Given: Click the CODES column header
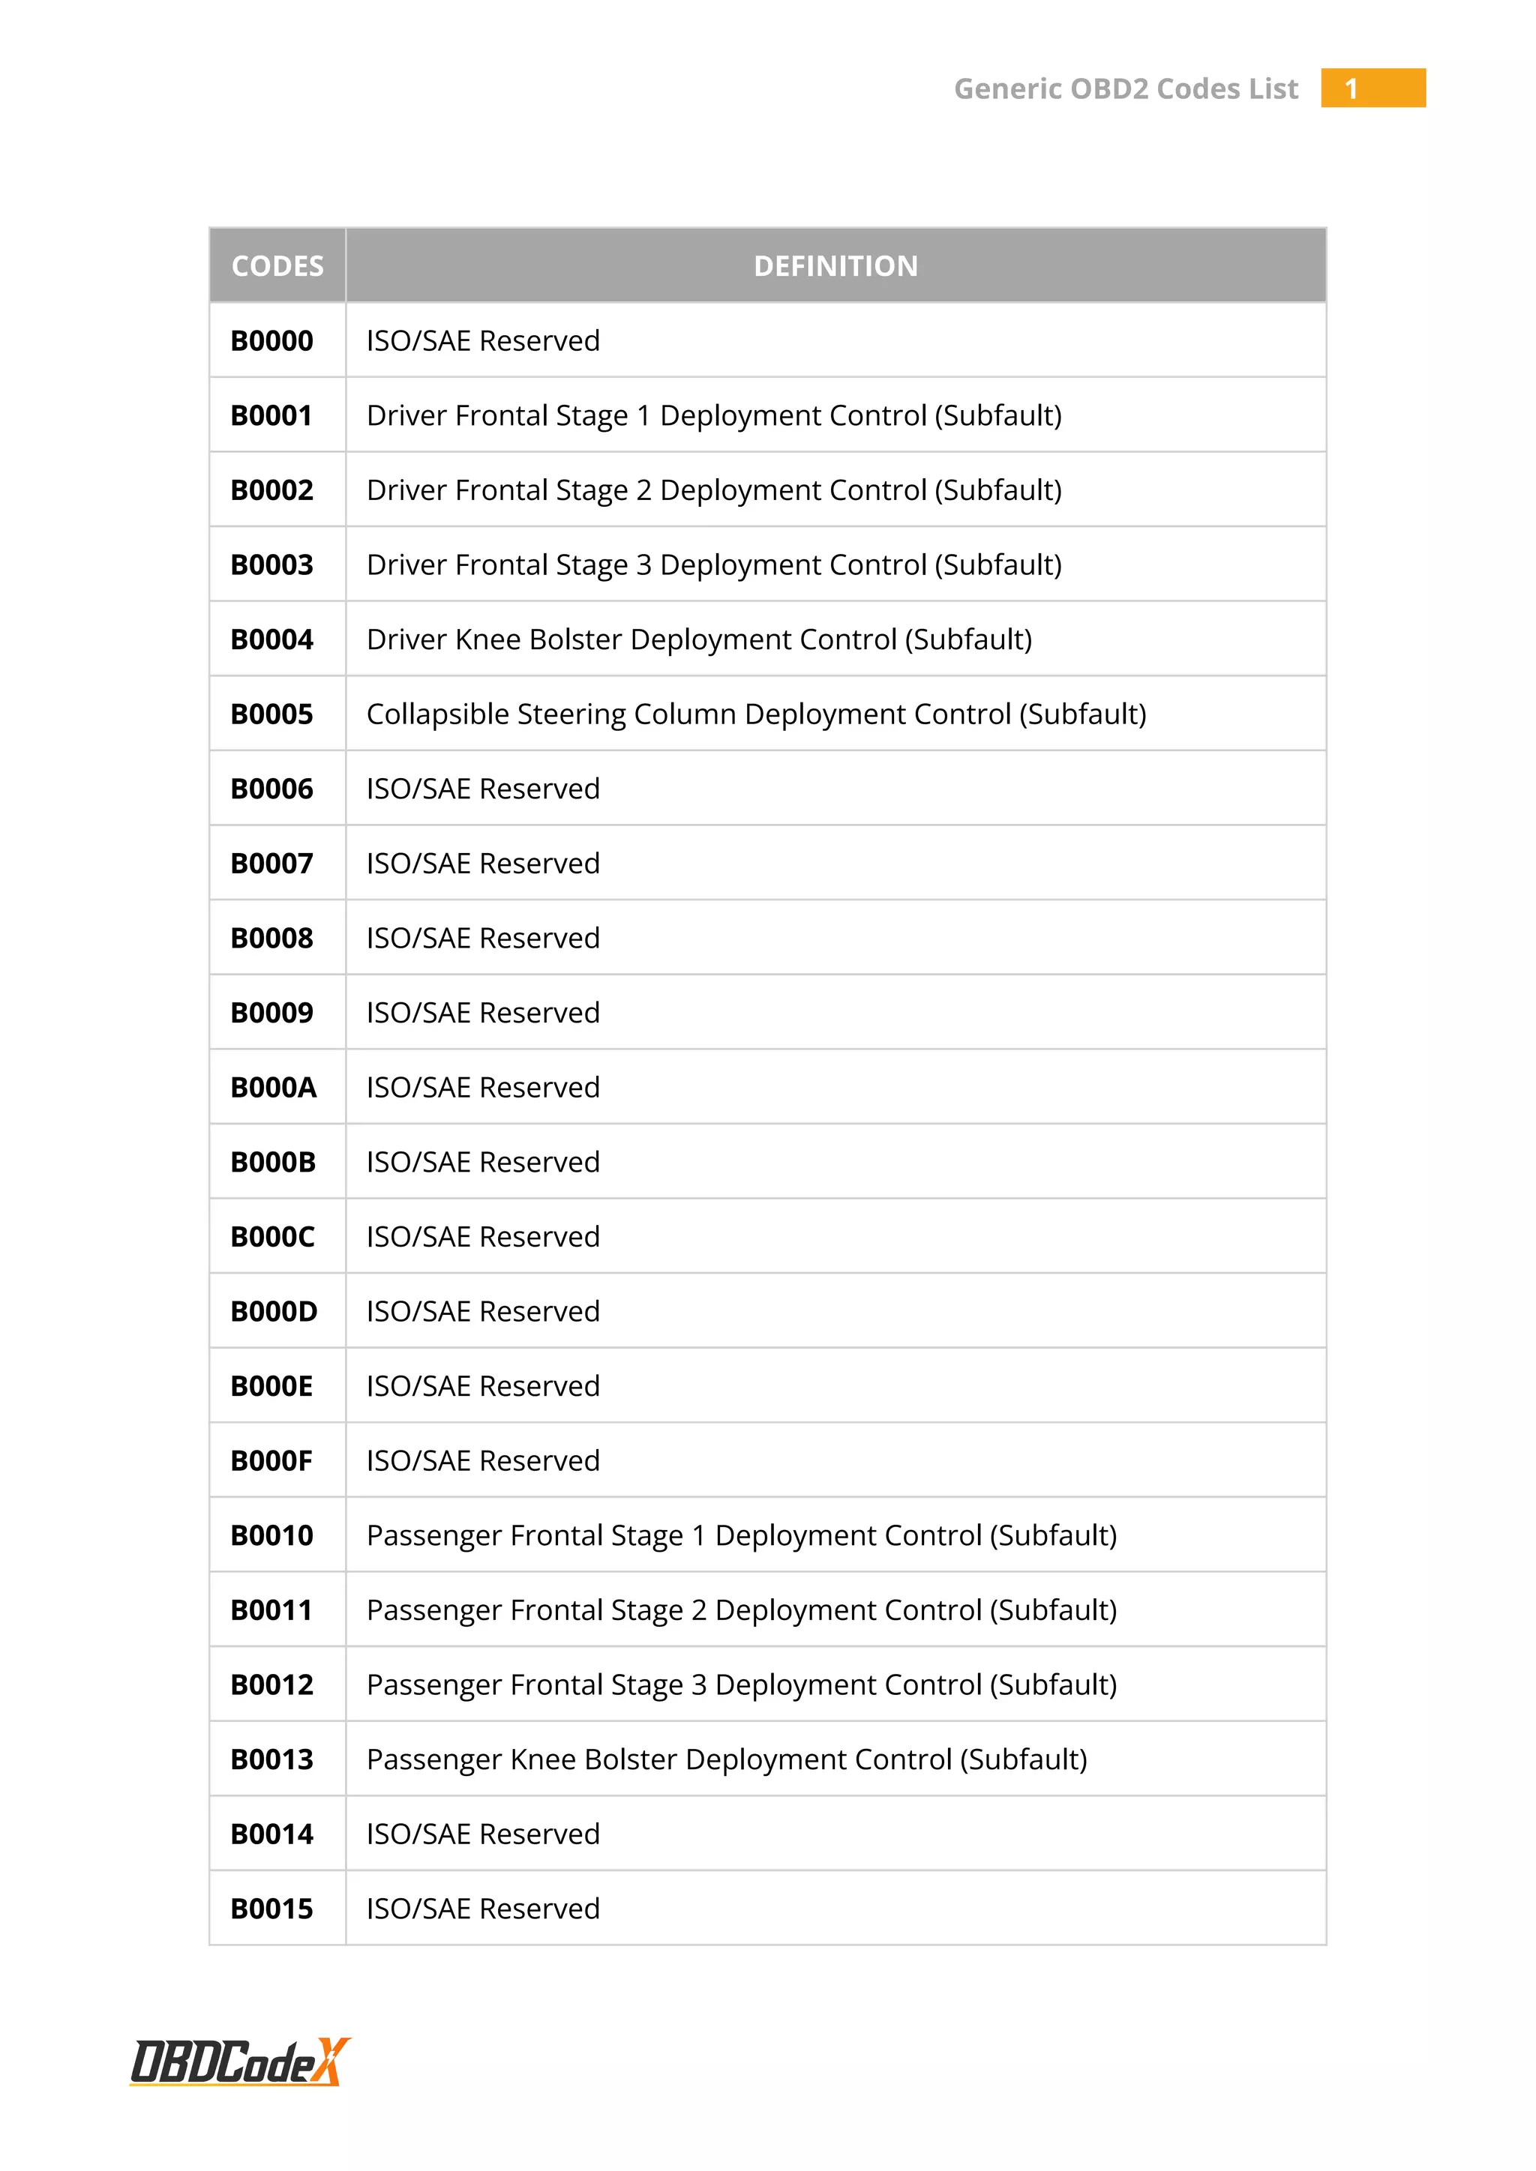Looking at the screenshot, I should tap(277, 265).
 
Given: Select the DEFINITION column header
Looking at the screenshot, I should tap(835, 265).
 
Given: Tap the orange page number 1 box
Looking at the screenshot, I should tap(1372, 88).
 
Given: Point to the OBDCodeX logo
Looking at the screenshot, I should tap(240, 2062).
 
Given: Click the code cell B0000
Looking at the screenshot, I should tap(271, 340).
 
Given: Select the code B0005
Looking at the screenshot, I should tap(271, 714).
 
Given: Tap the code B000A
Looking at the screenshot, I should tap(273, 1088).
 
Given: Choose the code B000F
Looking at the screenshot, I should tap(271, 1461).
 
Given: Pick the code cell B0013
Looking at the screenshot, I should tap(271, 1759).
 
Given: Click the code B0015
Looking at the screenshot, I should tap(271, 1909).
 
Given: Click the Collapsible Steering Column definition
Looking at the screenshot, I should tap(756, 714).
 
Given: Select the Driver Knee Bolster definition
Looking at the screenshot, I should tap(699, 639).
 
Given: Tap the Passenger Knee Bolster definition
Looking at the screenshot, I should tap(727, 1759).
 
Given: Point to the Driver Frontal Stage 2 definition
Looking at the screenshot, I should tap(714, 490).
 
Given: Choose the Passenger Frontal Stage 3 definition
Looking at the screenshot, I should tap(742, 1685).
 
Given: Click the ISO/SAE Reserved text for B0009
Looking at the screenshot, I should tap(482, 1013).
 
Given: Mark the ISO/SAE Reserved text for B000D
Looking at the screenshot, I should tap(482, 1311).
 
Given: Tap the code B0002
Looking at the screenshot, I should tap(271, 490).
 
